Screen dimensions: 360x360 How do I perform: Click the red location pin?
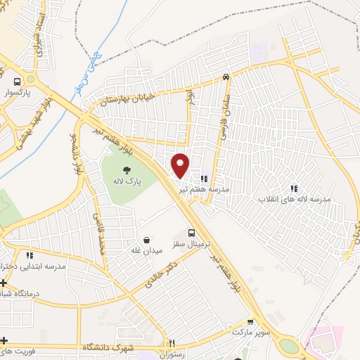click(x=181, y=165)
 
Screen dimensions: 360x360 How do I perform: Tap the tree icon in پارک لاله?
click(x=127, y=169)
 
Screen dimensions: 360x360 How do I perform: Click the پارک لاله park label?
click(x=129, y=181)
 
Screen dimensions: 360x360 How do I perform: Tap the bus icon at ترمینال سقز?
click(x=192, y=233)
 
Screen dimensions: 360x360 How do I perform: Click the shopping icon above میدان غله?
click(x=146, y=240)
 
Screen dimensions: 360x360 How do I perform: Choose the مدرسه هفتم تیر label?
click(x=203, y=189)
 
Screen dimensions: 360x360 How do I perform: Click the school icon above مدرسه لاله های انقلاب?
click(x=294, y=188)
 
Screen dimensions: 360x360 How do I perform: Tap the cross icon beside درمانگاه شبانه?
click(x=4, y=282)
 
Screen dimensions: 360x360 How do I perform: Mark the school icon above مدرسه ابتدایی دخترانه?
click(x=30, y=256)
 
